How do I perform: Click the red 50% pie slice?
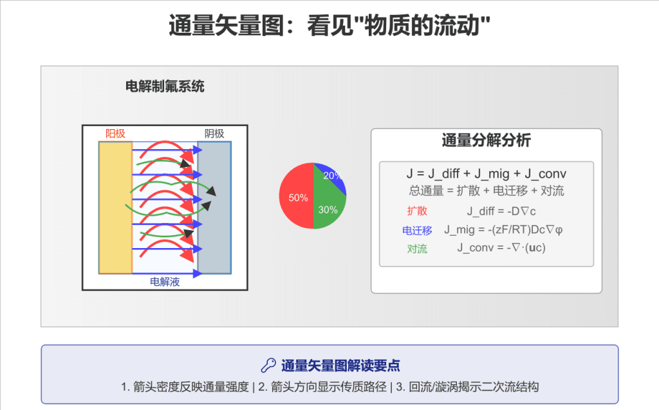(296, 196)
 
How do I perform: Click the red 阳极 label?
(115, 134)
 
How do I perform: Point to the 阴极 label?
(214, 134)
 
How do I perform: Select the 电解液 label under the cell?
(165, 281)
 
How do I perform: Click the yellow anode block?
(116, 208)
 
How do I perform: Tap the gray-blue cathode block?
(214, 208)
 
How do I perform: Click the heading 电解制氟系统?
(165, 87)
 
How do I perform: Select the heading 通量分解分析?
(487, 140)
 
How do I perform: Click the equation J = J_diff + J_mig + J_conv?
(487, 174)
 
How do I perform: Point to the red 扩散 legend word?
(417, 211)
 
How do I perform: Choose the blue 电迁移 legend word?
(417, 231)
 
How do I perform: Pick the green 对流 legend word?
(417, 249)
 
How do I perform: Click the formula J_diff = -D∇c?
(501, 211)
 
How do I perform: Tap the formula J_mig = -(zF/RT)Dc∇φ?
(503, 230)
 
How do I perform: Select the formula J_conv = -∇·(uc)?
(501, 247)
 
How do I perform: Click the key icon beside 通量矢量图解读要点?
(268, 366)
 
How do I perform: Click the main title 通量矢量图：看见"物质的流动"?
(329, 26)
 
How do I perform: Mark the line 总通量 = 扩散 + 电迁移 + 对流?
(487, 191)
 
